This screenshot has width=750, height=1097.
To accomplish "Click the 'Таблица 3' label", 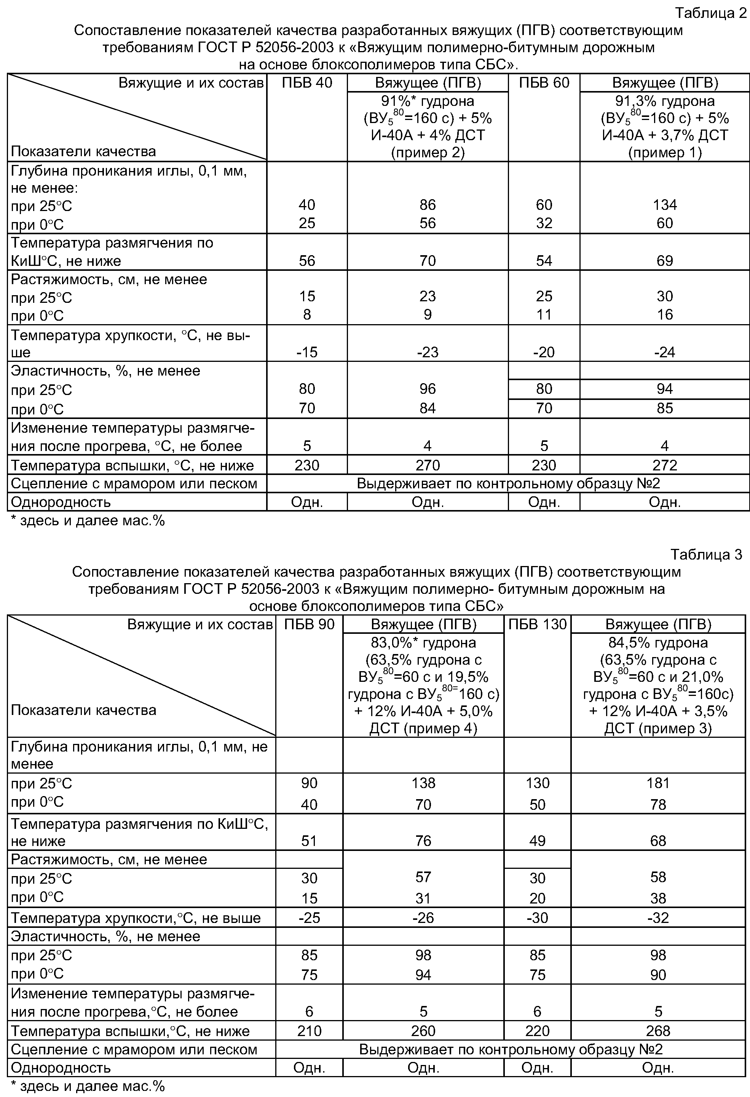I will (x=706, y=554).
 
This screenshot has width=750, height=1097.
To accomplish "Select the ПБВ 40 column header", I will (x=307, y=83).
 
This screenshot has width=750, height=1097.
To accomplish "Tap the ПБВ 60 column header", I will (x=544, y=83).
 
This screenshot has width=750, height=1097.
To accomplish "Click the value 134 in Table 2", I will (x=665, y=205).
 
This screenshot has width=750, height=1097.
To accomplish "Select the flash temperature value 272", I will (x=665, y=465).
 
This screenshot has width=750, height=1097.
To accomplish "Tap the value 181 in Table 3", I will (x=658, y=783).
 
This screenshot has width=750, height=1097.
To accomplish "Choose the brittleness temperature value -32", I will (x=658, y=918).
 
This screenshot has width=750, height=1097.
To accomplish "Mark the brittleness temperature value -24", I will (x=665, y=352).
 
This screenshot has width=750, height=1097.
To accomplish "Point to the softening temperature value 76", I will (x=423, y=840).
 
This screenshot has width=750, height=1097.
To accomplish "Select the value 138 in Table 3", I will (x=423, y=783).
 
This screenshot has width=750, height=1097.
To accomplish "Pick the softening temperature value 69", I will (x=665, y=261).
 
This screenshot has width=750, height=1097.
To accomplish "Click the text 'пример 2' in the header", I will (x=428, y=152).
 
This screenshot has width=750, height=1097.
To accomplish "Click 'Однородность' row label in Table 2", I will (x=61, y=502).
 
